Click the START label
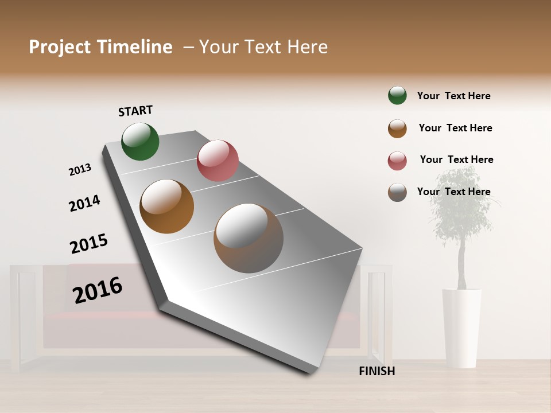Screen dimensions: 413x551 [135, 111]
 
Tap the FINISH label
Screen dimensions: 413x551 [377, 371]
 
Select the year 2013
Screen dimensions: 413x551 [80, 169]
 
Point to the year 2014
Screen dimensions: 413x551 [84, 203]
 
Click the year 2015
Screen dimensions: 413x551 [89, 244]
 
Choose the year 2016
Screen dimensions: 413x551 [98, 290]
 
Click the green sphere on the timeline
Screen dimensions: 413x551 [140, 141]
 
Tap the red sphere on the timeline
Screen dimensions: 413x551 [218, 161]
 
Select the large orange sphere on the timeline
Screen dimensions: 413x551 [167, 206]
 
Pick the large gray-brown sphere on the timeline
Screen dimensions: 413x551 [249, 238]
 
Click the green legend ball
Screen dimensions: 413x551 [397, 95]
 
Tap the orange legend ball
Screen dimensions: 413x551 [397, 128]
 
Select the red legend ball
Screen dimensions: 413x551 [397, 161]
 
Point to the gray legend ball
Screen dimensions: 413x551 [397, 192]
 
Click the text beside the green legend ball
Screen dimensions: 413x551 [453, 96]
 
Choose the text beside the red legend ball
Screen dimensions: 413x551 [456, 159]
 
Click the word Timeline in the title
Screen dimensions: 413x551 [135, 47]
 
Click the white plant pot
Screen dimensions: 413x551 [461, 327]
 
